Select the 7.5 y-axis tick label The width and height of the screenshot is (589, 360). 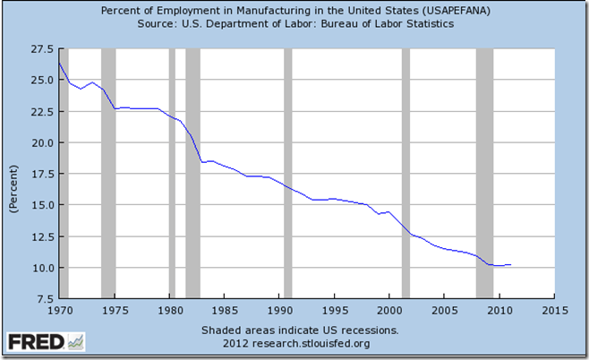[42, 299]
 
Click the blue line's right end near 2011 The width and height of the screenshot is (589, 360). [510, 264]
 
